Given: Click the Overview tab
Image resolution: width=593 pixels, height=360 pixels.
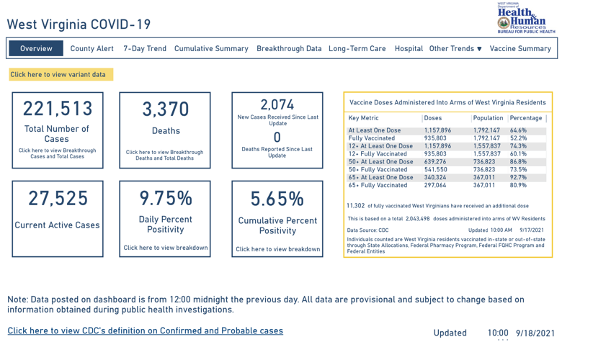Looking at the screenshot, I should pyautogui.click(x=36, y=48).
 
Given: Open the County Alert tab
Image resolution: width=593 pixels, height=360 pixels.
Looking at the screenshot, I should pyautogui.click(x=92, y=48).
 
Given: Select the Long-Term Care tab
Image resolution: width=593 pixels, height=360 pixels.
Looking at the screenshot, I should pyautogui.click(x=357, y=48).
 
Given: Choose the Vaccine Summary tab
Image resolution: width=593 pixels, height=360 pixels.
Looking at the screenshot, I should pyautogui.click(x=520, y=48).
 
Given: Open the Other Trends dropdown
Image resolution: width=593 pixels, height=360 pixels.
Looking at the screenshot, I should pyautogui.click(x=455, y=48).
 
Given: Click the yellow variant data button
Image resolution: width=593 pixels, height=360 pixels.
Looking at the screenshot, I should pyautogui.click(x=58, y=74).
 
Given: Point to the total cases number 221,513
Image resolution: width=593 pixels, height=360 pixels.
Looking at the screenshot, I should pyautogui.click(x=58, y=109).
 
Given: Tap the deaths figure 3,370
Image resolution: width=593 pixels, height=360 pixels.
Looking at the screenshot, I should pyautogui.click(x=165, y=109).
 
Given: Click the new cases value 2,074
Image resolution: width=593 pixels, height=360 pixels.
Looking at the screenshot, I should pyautogui.click(x=277, y=104).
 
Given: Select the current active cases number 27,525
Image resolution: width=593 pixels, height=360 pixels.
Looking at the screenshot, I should pyautogui.click(x=58, y=198).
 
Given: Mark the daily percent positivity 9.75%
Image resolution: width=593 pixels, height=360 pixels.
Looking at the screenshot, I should pyautogui.click(x=165, y=198).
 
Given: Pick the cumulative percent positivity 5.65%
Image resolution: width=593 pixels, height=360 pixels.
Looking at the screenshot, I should pyautogui.click(x=277, y=198).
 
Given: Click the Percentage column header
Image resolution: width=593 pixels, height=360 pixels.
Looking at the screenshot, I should pyautogui.click(x=526, y=118).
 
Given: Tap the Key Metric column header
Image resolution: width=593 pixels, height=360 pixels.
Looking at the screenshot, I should pyautogui.click(x=364, y=118).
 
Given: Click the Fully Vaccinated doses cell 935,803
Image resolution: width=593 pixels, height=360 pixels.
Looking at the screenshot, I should pyautogui.click(x=435, y=138).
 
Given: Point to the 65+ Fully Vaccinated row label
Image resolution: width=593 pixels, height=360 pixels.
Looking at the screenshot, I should pyautogui.click(x=378, y=185).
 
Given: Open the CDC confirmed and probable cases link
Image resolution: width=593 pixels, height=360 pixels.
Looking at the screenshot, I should pyautogui.click(x=145, y=331).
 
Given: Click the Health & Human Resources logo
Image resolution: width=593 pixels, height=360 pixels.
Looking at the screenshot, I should pyautogui.click(x=526, y=18).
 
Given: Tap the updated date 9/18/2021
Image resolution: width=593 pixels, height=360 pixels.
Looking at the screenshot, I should pyautogui.click(x=535, y=333).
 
